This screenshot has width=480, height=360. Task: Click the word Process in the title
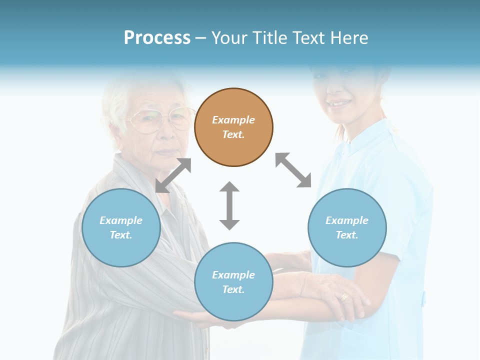[157, 38]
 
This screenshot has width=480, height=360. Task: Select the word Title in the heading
[266, 38]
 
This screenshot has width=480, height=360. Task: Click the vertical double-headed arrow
[229, 205]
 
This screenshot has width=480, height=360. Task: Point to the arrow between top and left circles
[173, 175]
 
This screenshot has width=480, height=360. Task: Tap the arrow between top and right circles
[293, 170]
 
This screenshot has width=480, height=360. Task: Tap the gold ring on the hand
[344, 297]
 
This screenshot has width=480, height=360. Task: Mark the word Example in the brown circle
[233, 120]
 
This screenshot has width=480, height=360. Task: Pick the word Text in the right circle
[346, 235]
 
